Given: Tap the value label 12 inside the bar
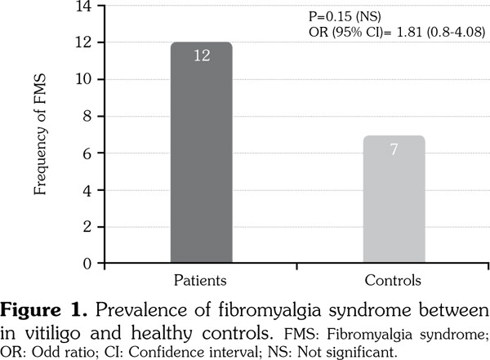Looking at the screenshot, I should click(x=201, y=56).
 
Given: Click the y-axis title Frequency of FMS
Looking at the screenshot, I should click(x=40, y=135).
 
